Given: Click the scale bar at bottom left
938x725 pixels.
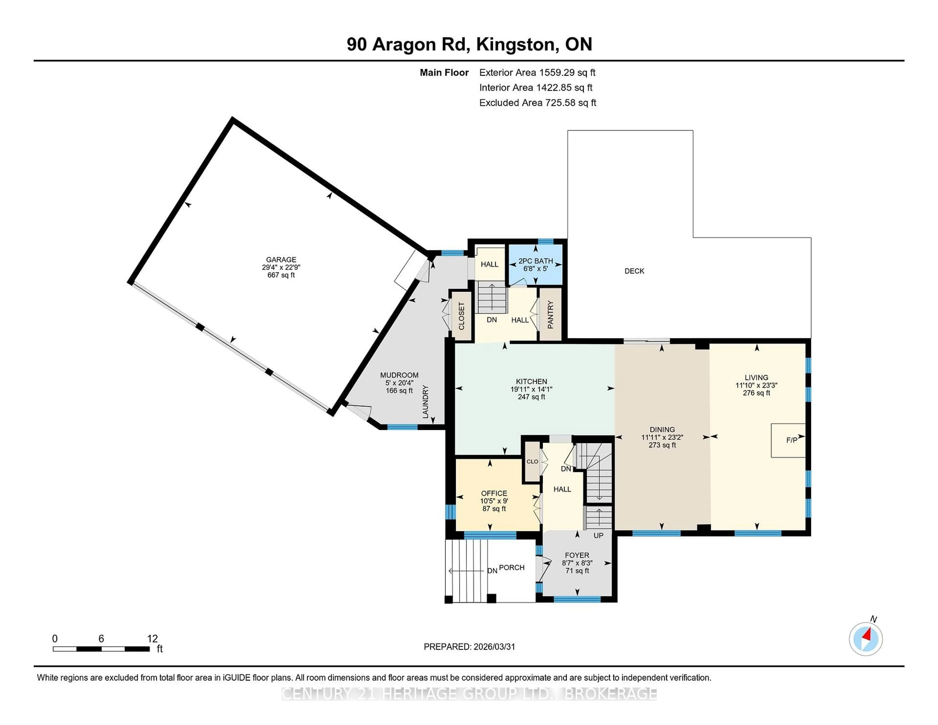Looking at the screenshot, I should click(x=101, y=649).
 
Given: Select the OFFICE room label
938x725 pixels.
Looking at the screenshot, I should click(x=494, y=493).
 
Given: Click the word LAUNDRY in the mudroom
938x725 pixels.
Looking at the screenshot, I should click(x=425, y=402).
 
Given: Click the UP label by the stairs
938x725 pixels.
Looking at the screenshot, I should click(x=598, y=536).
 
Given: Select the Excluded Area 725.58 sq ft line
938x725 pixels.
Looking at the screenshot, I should click(x=537, y=103).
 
